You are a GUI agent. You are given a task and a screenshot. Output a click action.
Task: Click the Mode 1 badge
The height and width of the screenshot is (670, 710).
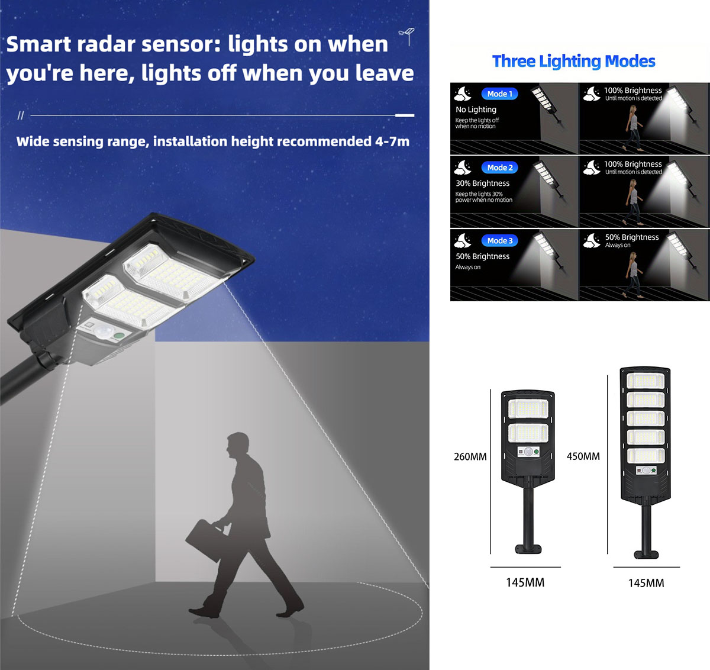pos(500,94)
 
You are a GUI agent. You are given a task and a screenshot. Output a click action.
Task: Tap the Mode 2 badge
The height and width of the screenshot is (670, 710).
pos(500,167)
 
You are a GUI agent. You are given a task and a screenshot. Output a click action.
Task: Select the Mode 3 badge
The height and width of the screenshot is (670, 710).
pos(500,241)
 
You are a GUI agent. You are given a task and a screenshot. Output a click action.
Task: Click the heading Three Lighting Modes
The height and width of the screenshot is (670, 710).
pos(573,61)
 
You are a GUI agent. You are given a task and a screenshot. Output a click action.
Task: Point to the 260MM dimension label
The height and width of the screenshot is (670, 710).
pos(470,457)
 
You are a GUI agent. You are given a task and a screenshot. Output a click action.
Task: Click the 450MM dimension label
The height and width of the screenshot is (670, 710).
pos(583,456)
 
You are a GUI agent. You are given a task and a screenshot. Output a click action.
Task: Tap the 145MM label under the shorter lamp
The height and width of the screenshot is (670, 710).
pos(525,583)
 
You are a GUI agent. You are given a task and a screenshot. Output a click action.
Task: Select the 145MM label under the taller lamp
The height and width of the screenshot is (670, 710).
pos(646,584)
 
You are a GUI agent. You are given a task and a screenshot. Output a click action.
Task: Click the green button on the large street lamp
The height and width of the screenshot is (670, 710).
pos(119,336)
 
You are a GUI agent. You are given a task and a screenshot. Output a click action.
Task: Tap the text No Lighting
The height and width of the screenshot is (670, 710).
pos(476,109)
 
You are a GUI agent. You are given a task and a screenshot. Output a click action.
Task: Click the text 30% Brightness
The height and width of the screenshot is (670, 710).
pos(482,183)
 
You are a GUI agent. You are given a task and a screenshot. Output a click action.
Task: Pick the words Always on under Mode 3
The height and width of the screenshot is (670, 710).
pos(467,267)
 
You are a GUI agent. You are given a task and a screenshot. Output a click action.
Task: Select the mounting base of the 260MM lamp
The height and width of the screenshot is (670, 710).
pos(528,549)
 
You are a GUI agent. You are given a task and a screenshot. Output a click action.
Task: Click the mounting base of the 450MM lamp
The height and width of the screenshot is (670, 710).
pos(646,555)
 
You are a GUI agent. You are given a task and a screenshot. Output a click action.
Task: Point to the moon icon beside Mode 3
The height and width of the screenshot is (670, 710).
pos(463,240)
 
